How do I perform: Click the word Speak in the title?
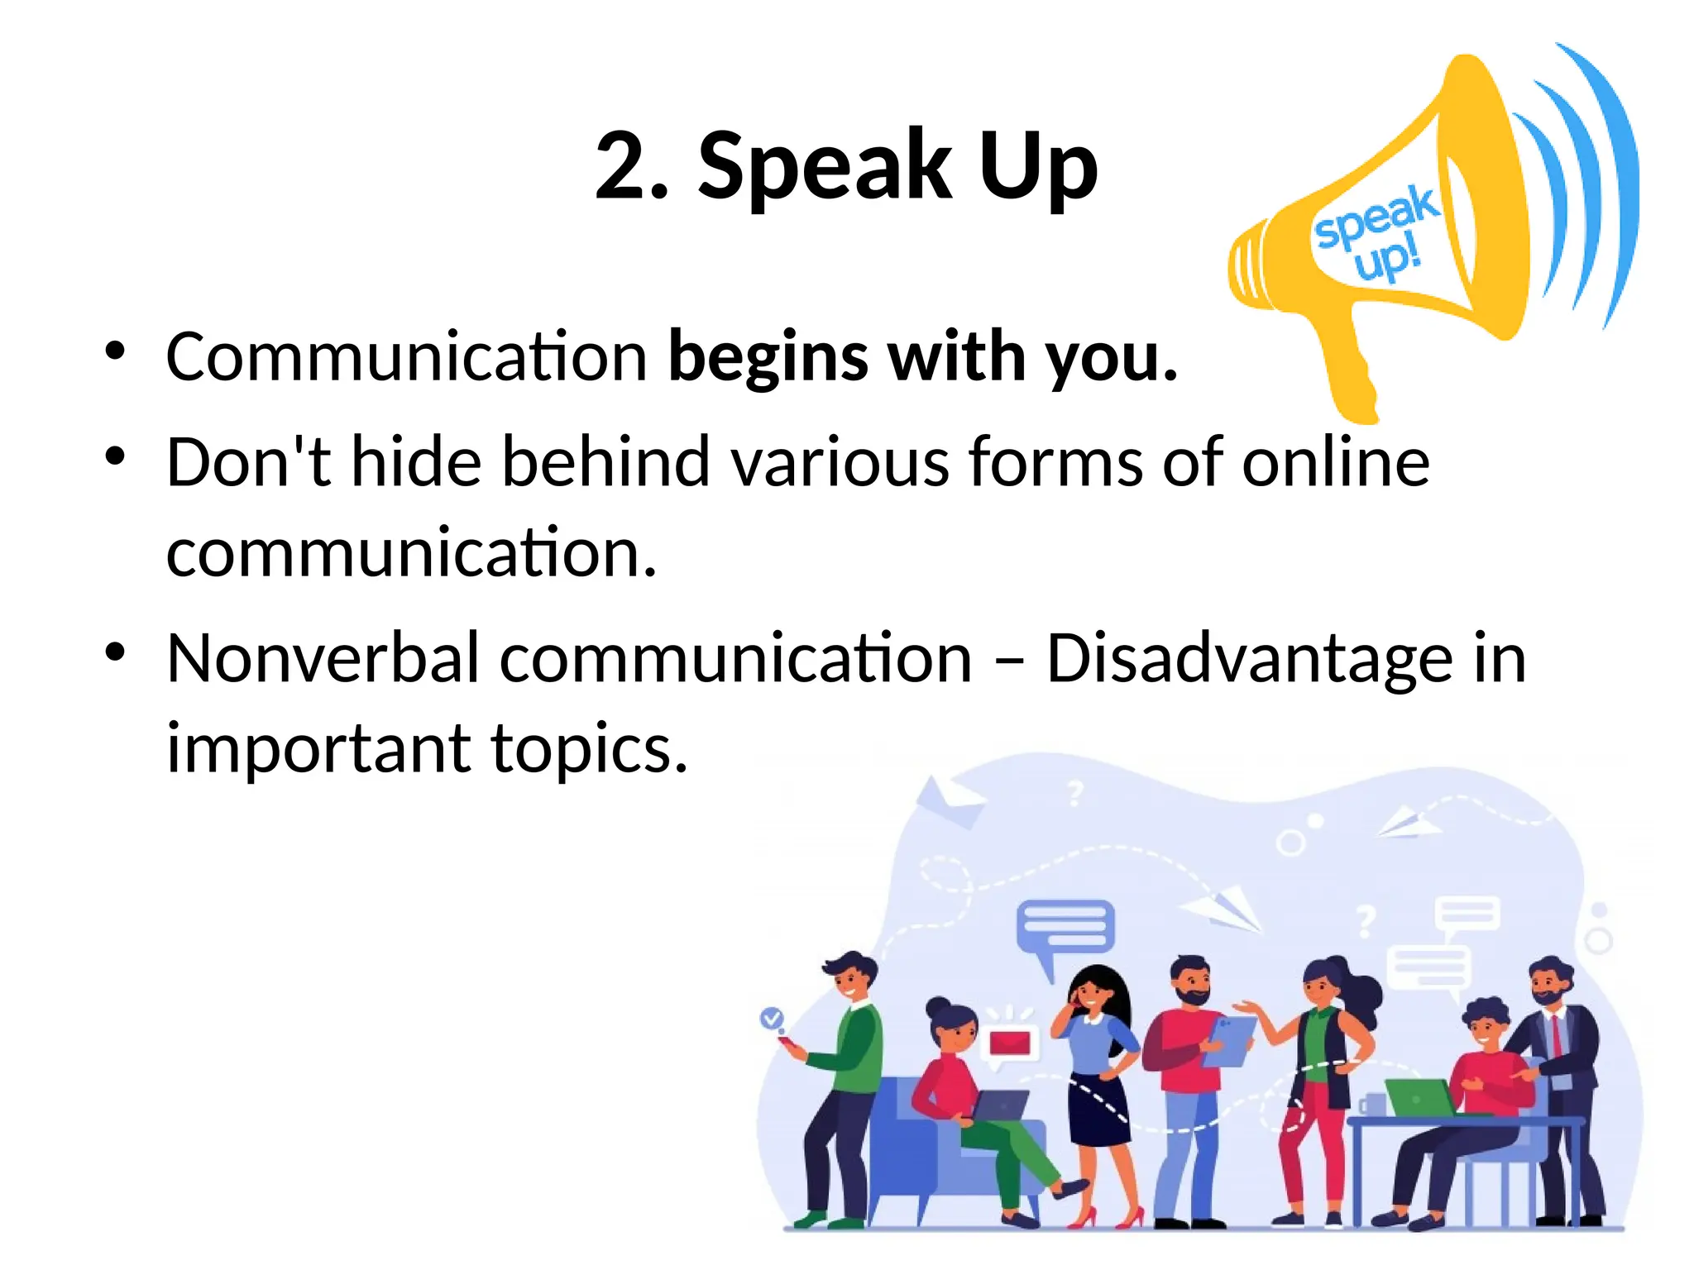tap(825, 168)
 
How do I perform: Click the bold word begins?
tap(768, 357)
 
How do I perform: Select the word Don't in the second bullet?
tap(247, 461)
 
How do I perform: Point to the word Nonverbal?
tap(323, 658)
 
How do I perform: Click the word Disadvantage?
tap(1249, 659)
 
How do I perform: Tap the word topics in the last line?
tap(589, 747)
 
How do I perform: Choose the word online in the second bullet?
tap(1335, 461)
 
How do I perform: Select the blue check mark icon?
tap(772, 1018)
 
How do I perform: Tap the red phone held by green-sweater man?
tap(789, 1044)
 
